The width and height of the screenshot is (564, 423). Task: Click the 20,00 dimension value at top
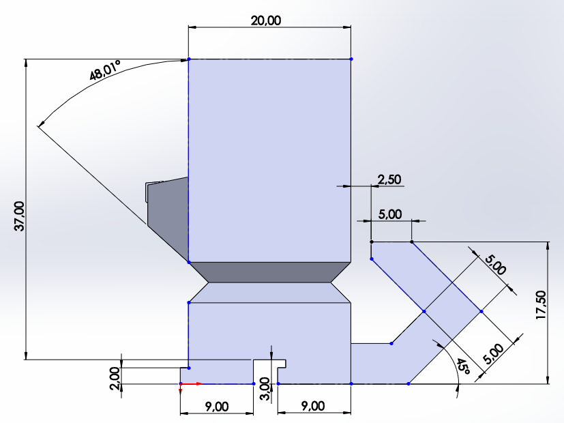pyautogui.click(x=266, y=20)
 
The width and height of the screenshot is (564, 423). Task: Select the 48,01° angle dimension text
pyautogui.click(x=105, y=70)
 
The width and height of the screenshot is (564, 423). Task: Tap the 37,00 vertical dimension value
pyautogui.click(x=19, y=216)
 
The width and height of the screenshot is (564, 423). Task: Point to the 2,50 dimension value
pyautogui.click(x=389, y=179)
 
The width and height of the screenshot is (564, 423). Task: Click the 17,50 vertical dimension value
pyautogui.click(x=541, y=305)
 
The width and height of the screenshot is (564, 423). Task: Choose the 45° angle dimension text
pyautogui.click(x=463, y=366)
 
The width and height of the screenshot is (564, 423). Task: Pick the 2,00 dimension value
pyautogui.click(x=115, y=379)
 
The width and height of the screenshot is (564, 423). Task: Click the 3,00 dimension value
pyautogui.click(x=265, y=388)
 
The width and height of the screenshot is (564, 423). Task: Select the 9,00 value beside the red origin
pyautogui.click(x=217, y=407)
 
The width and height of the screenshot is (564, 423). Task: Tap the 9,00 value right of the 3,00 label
pyautogui.click(x=313, y=406)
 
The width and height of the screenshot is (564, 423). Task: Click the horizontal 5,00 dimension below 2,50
pyautogui.click(x=390, y=214)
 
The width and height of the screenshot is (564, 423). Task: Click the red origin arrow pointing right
pyautogui.click(x=191, y=384)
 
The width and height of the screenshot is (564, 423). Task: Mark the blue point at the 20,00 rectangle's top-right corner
pyautogui.click(x=351, y=59)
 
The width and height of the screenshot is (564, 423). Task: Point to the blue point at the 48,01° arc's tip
pyautogui.click(x=189, y=59)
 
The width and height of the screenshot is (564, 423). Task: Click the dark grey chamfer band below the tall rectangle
pyautogui.click(x=269, y=272)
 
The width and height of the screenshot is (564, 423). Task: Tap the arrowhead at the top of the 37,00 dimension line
pyautogui.click(x=25, y=63)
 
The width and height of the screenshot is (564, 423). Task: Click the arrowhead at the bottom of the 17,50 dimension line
pyautogui.click(x=548, y=380)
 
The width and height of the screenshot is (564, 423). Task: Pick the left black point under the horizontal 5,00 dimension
pyautogui.click(x=372, y=242)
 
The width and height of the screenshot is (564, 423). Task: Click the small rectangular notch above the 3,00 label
pyautogui.click(x=270, y=363)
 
